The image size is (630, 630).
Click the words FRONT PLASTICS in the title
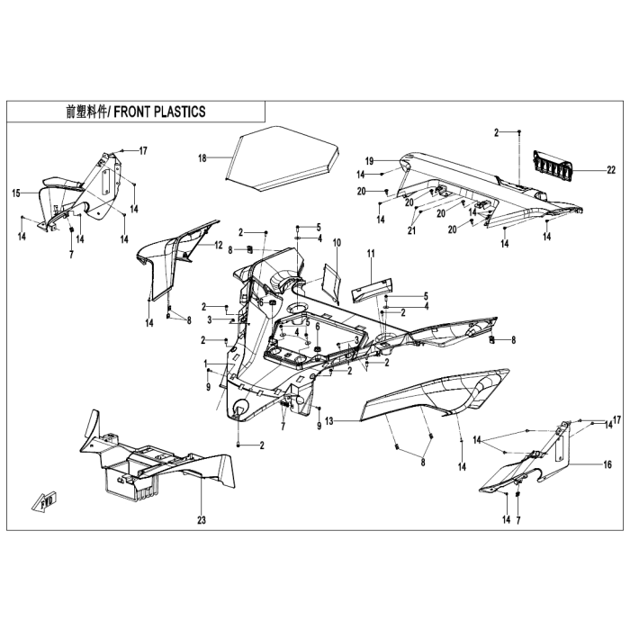(159, 112)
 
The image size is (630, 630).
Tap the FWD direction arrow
(45, 500)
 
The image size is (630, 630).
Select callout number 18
(202, 158)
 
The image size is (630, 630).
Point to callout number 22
(611, 170)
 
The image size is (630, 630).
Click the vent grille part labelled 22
(553, 166)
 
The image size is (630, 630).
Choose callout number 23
(202, 520)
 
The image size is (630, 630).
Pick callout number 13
(329, 421)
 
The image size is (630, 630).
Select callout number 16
(607, 464)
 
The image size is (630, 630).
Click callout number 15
(16, 193)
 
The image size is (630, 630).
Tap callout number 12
(218, 245)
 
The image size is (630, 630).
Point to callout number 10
(337, 242)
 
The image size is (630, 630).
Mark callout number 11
(371, 253)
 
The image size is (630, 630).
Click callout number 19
(369, 161)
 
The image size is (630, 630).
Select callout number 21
(411, 230)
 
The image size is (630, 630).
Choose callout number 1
(206, 364)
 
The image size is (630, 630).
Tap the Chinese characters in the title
(86, 112)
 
